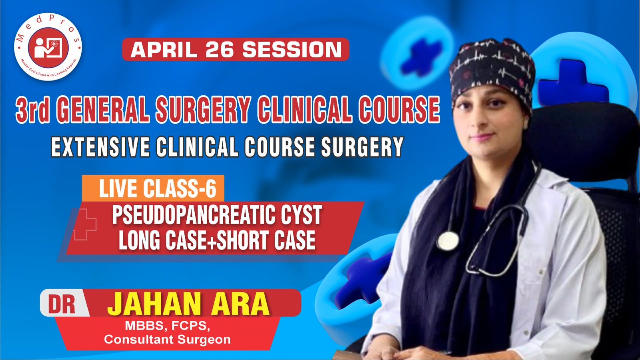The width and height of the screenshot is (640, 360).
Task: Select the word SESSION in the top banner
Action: click(292, 50)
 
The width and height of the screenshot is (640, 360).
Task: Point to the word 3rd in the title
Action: click(33, 109)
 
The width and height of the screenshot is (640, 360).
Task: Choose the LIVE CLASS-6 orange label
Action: click(157, 189)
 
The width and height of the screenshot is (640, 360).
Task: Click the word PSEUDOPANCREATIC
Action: click(193, 215)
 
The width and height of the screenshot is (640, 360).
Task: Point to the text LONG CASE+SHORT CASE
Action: click(217, 240)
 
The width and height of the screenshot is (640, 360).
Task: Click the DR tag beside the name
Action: click(62, 304)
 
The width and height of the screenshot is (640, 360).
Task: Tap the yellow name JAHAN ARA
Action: click(188, 304)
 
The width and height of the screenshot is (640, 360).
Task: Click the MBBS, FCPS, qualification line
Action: click(167, 326)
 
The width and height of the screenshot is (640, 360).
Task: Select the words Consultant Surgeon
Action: click(167, 340)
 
